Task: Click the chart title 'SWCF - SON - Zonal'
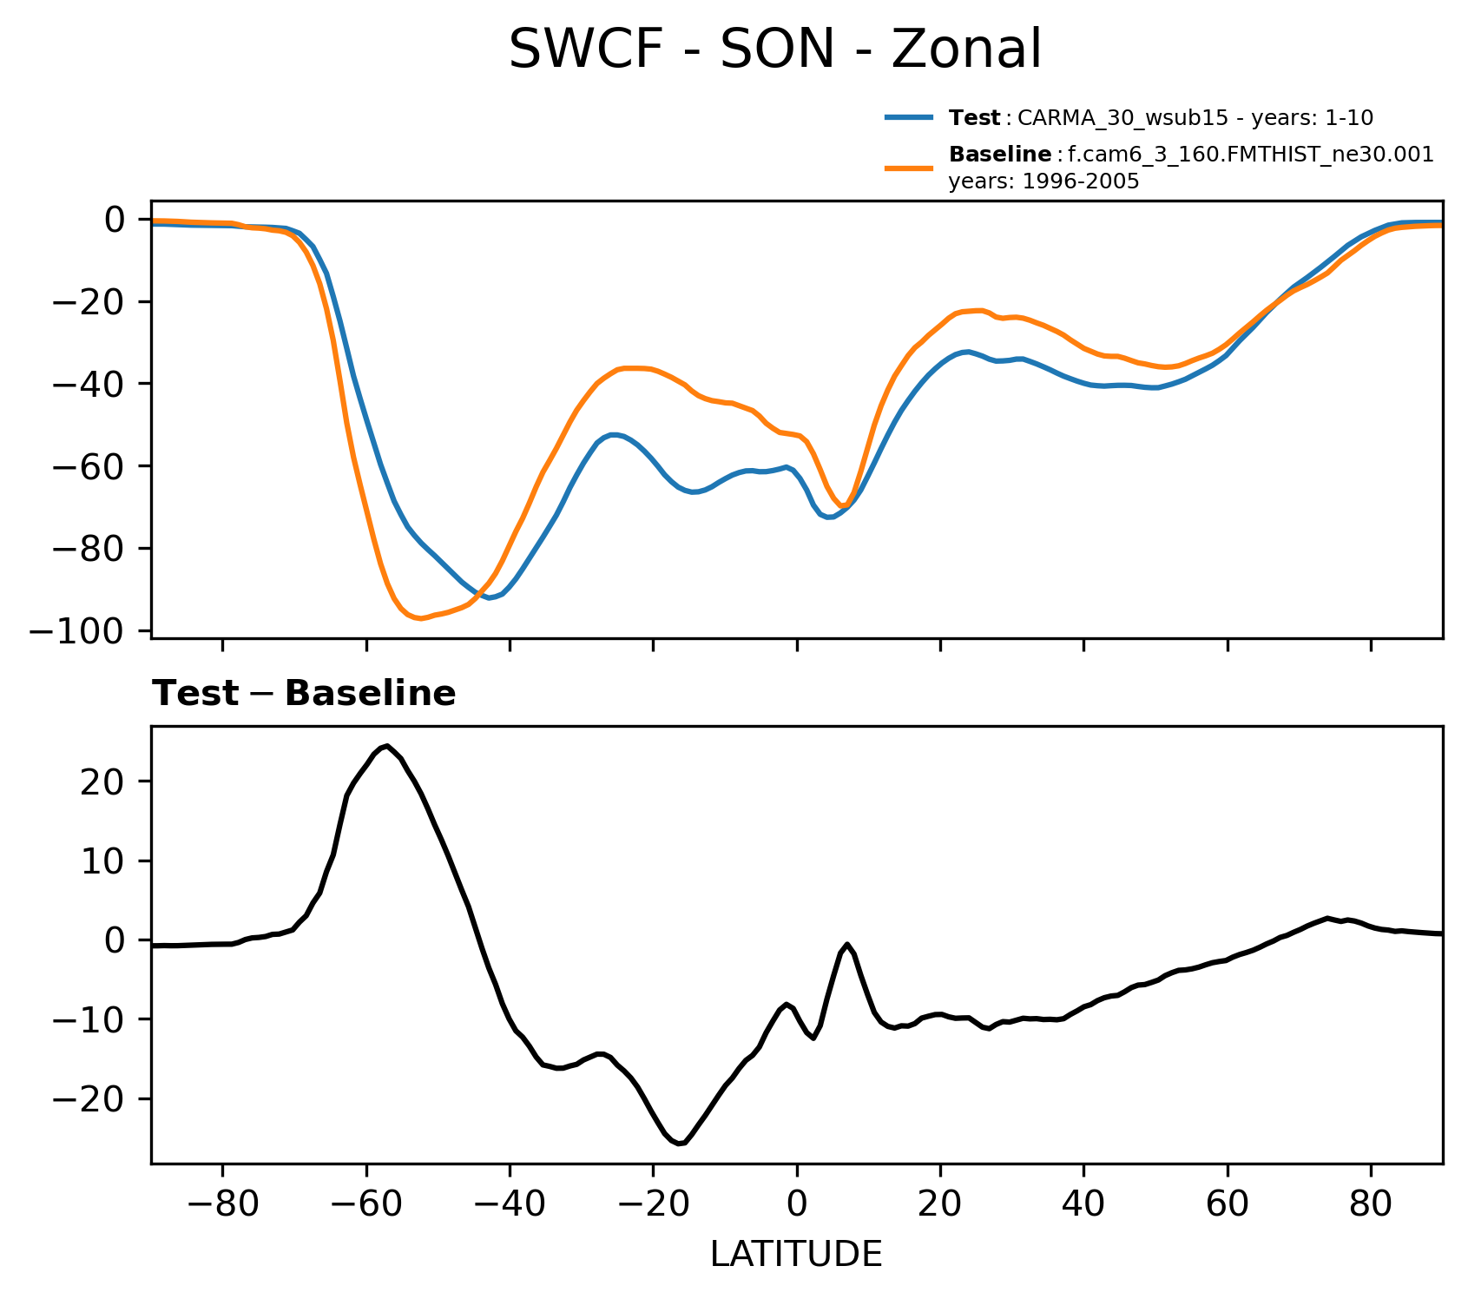[774, 50]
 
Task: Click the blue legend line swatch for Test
[909, 117]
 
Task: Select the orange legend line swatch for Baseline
[909, 168]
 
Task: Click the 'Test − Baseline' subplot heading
[304, 694]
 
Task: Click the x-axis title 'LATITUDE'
[796, 1254]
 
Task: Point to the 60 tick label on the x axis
[1227, 1206]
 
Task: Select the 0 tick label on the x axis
[796, 1206]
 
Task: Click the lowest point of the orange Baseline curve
[420, 618]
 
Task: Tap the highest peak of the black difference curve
[387, 746]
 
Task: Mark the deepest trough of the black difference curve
[680, 1144]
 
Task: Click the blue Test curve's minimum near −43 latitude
[490, 598]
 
